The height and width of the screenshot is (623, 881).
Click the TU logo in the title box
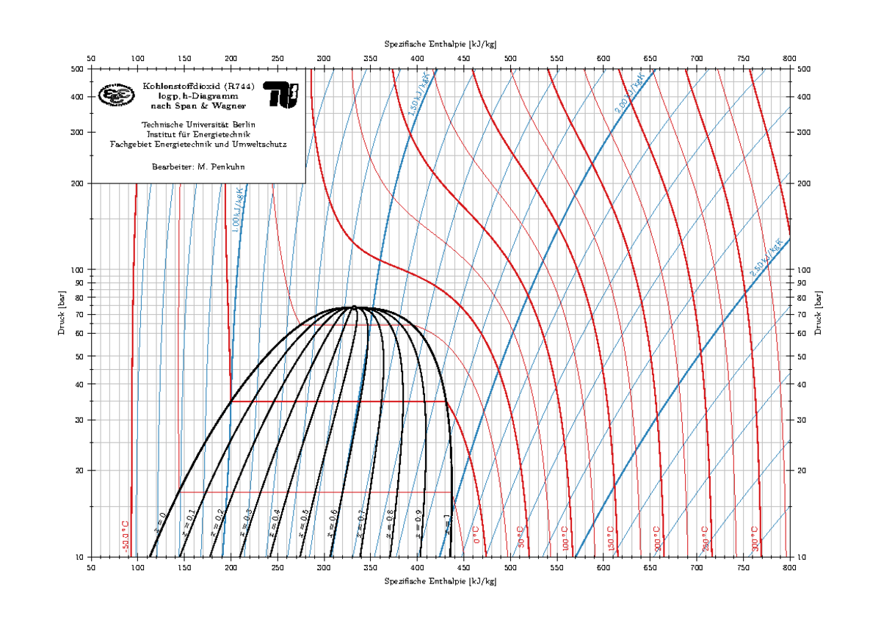[x=280, y=95]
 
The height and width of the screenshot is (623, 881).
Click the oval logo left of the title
[x=117, y=95]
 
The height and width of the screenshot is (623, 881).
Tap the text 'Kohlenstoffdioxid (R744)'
[x=198, y=86]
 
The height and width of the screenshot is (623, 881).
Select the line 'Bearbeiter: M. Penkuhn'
[x=198, y=167]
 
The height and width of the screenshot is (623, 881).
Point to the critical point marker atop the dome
[x=354, y=307]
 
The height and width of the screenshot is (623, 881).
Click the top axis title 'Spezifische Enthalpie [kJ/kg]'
[x=440, y=44]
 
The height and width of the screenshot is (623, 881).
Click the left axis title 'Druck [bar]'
[x=61, y=313]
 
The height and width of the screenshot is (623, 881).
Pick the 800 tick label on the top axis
[x=790, y=58]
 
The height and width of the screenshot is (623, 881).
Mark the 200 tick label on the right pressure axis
[x=804, y=183]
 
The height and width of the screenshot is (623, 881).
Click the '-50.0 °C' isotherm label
[x=126, y=536]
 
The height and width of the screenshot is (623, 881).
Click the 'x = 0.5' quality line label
[x=303, y=522]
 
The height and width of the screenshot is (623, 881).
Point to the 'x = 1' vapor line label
[x=446, y=522]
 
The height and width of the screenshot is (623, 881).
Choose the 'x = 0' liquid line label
[x=159, y=520]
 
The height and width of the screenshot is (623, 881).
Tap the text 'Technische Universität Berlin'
[x=198, y=124]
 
